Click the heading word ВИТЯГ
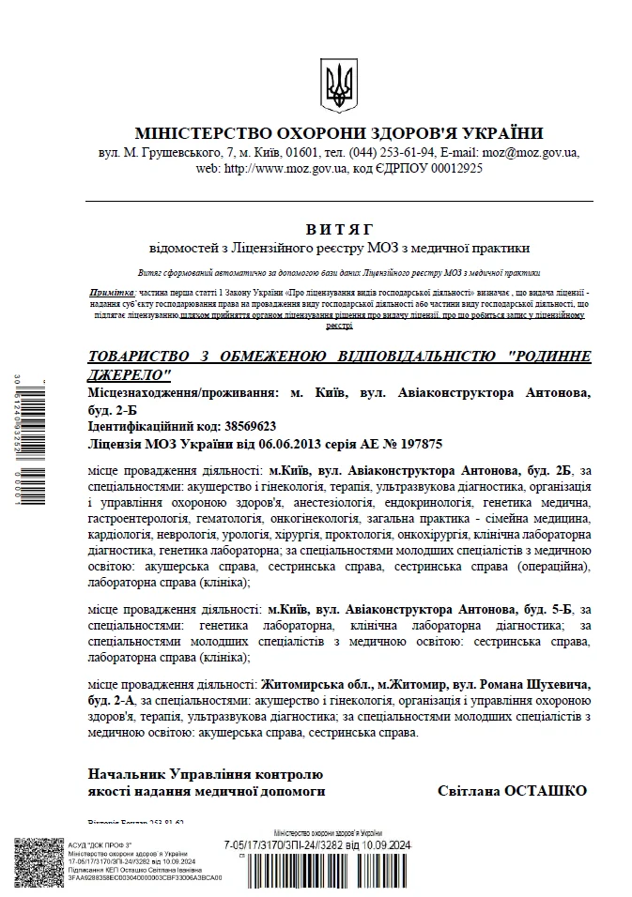click(x=339, y=229)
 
